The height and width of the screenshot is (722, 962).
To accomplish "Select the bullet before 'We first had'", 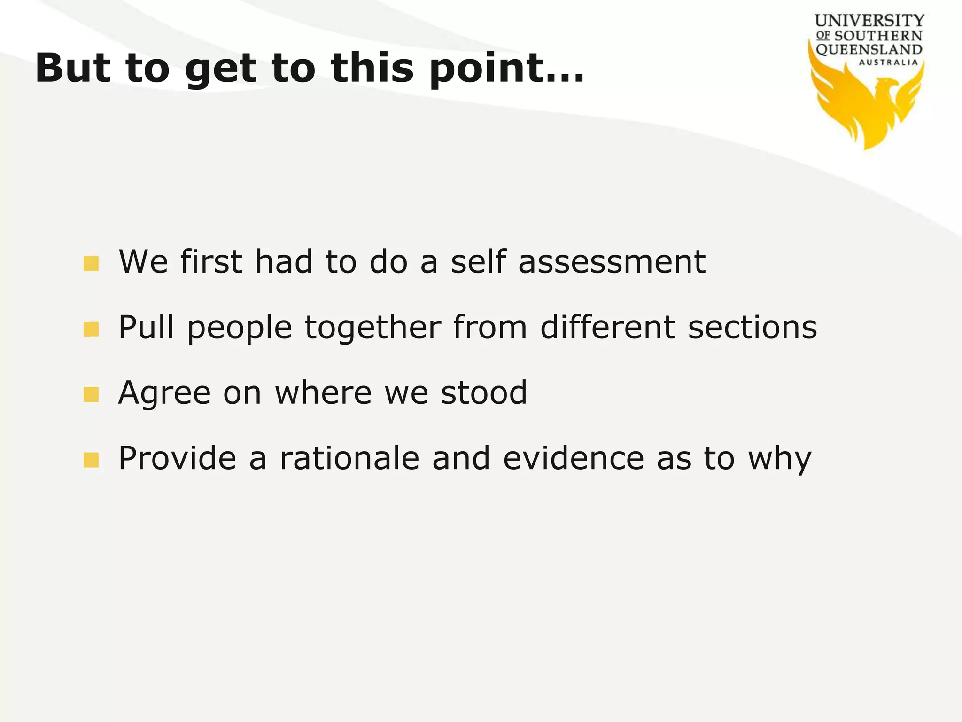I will point(91,264).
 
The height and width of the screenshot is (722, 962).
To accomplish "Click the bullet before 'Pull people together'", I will point(91,329).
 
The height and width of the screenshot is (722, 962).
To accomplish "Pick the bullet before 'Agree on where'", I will point(91,394).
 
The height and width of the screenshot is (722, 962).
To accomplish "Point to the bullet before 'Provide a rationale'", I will point(91,460).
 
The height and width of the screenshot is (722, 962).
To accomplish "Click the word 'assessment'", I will point(612,262).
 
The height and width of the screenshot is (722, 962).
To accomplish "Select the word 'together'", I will point(373,328).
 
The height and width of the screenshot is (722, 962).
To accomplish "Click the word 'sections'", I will point(753,327).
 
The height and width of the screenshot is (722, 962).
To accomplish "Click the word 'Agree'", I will point(164,394).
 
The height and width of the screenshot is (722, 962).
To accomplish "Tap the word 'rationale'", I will point(349,458).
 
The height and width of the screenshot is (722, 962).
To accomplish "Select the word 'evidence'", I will point(573,458).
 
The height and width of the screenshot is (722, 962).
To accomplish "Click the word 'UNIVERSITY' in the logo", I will point(869,21).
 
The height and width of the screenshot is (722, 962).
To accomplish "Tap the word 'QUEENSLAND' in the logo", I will point(869,49).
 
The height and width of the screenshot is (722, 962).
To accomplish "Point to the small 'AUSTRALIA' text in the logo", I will point(888,62).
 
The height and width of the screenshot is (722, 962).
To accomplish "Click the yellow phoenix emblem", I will point(867,108).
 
